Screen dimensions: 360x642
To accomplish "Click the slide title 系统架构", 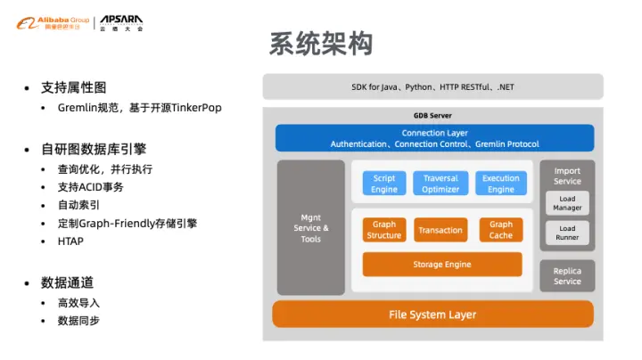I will pyautogui.click(x=320, y=45).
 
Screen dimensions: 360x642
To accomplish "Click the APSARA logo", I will pyautogui.click(x=120, y=21).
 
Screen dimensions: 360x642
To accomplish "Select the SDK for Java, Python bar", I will pyautogui.click(x=432, y=87).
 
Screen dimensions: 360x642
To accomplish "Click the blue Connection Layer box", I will pyautogui.click(x=434, y=138).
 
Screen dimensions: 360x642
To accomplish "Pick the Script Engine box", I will pyautogui.click(x=384, y=184).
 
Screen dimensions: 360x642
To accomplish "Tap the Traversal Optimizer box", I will pyautogui.click(x=440, y=184).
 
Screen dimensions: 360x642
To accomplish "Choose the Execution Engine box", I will pyautogui.click(x=500, y=184).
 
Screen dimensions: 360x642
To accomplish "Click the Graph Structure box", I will pyautogui.click(x=384, y=230).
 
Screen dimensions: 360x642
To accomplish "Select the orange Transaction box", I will pyautogui.click(x=440, y=230).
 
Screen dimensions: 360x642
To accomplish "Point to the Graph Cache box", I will pyautogui.click(x=500, y=230).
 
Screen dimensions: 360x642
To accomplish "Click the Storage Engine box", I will pyautogui.click(x=441, y=265).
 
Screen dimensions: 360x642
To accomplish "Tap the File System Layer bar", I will pyautogui.click(x=432, y=315).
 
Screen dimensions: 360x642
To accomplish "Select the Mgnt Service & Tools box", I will pyautogui.click(x=310, y=228).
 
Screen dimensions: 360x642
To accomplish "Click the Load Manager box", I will pyautogui.click(x=567, y=203).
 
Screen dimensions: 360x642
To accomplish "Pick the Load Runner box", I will pyautogui.click(x=567, y=233).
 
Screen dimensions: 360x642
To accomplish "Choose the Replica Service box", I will pyautogui.click(x=567, y=276).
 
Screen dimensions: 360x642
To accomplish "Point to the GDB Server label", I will pyautogui.click(x=432, y=116).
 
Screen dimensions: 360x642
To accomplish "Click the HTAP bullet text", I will pyautogui.click(x=71, y=241).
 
